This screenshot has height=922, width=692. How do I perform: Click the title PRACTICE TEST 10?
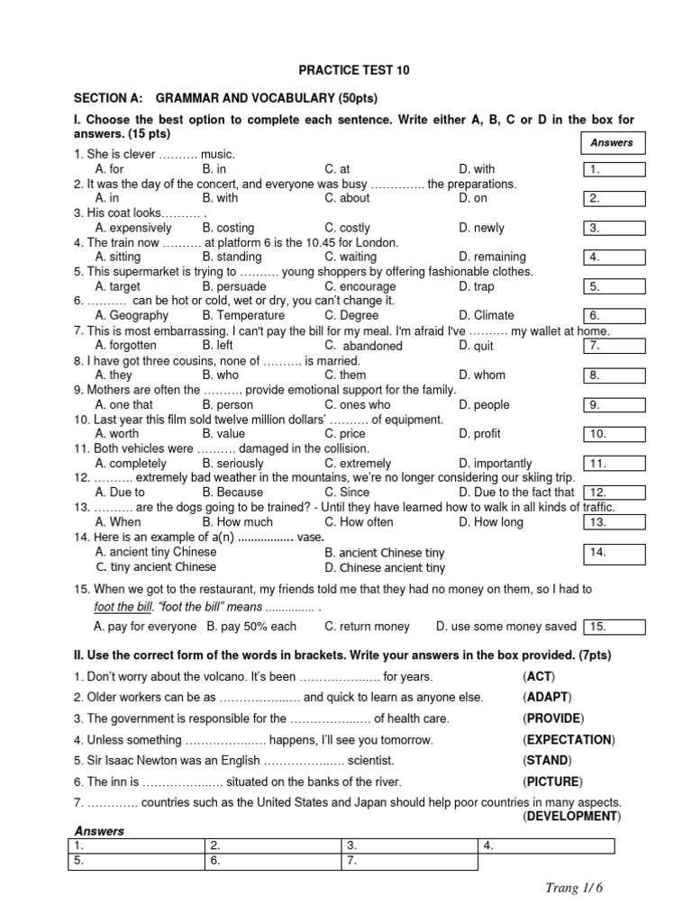click(345, 69)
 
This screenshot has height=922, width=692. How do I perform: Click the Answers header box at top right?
click(612, 142)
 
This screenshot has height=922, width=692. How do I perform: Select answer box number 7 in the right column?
click(614, 346)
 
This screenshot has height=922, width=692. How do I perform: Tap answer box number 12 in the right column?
click(614, 493)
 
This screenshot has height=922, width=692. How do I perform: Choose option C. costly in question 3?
click(347, 228)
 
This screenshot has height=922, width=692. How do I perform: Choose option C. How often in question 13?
click(359, 521)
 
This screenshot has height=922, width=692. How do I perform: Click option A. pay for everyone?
click(144, 626)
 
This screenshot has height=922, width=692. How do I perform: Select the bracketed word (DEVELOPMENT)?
click(571, 816)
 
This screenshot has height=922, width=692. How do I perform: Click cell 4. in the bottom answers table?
click(546, 846)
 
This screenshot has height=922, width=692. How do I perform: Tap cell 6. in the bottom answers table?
click(272, 862)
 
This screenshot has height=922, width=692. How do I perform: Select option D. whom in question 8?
click(481, 375)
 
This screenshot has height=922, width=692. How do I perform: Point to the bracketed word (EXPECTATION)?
click(569, 739)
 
